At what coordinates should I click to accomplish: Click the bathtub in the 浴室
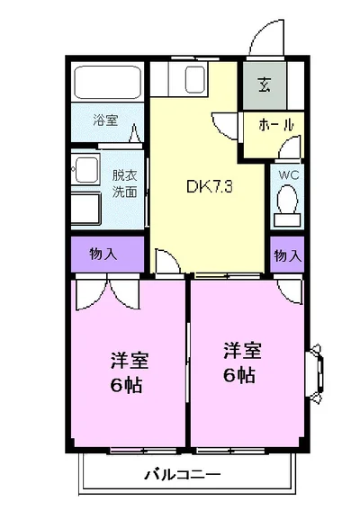(107, 82)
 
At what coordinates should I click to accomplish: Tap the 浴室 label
(105, 120)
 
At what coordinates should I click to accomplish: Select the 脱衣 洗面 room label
(125, 183)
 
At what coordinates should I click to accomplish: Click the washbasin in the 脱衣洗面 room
(86, 169)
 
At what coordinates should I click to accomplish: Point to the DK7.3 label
(210, 187)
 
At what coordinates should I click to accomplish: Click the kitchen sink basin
(195, 79)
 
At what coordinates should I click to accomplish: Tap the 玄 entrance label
(264, 85)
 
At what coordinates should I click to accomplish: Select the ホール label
(276, 124)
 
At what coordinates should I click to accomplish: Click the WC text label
(288, 175)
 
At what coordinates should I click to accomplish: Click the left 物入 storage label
(103, 254)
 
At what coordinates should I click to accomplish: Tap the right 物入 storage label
(288, 255)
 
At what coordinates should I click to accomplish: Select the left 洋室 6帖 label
(130, 372)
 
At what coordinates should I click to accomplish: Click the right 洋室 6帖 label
(242, 362)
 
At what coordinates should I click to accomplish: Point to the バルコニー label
(183, 475)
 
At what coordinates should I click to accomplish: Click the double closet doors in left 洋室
(108, 292)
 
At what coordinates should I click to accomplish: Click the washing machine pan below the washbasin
(86, 208)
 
